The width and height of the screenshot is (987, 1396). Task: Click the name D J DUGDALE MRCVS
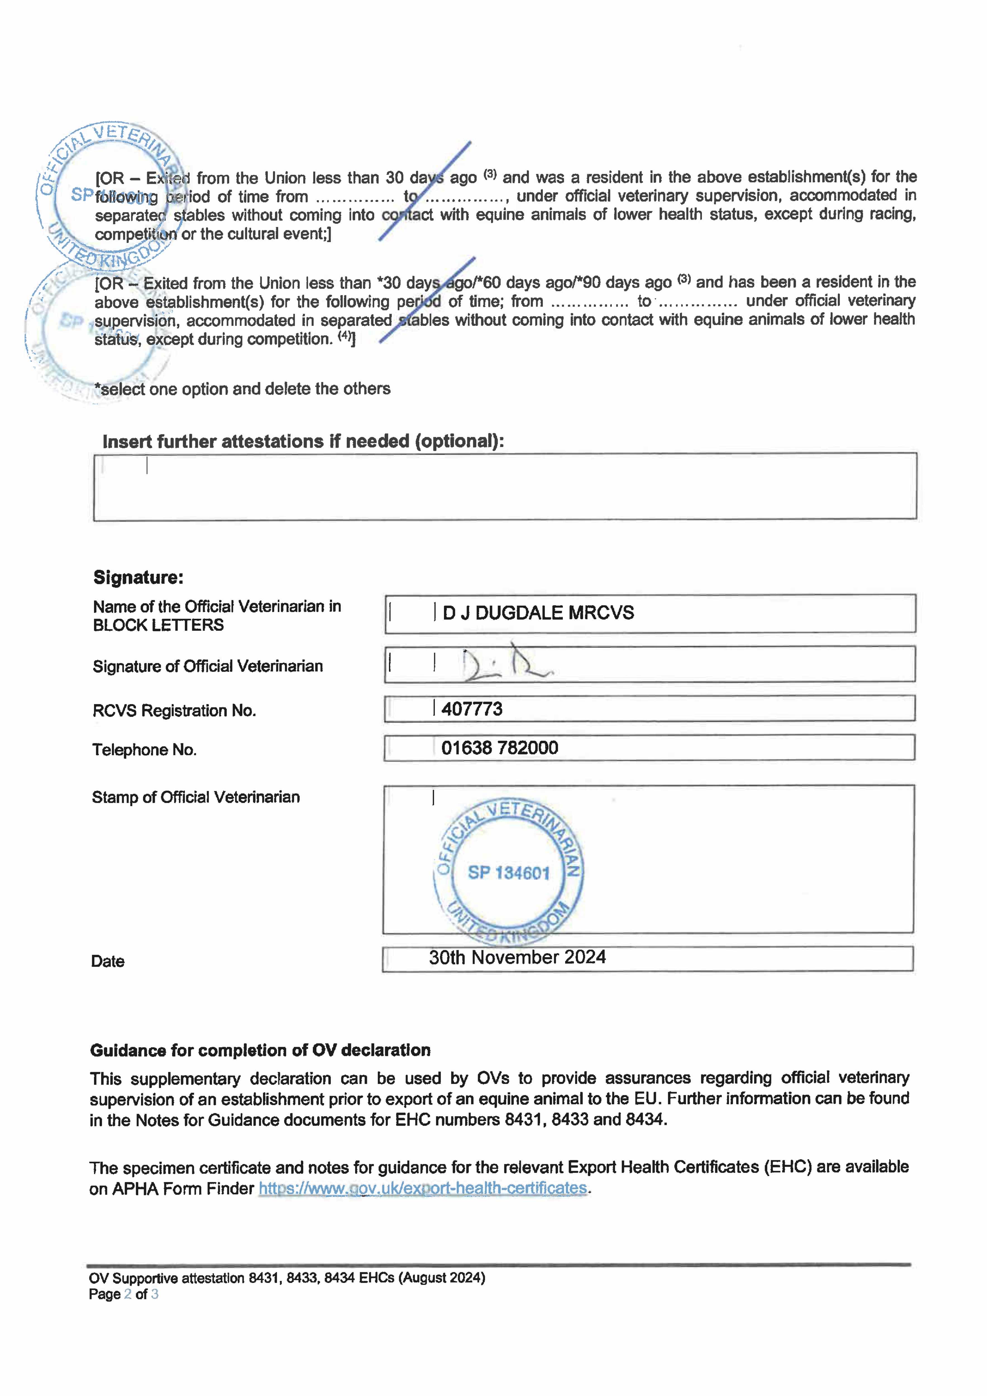click(538, 613)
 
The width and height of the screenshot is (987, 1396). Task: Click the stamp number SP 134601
click(508, 873)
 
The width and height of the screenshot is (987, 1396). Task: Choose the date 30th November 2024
click(517, 958)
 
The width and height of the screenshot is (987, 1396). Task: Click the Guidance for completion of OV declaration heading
click(260, 1051)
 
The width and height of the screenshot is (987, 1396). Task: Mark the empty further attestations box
click(505, 486)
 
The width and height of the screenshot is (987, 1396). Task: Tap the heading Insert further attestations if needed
click(303, 441)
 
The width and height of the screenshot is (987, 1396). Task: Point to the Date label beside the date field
click(108, 961)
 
